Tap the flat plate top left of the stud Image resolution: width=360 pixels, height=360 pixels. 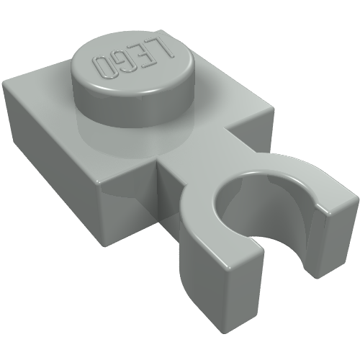50,90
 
